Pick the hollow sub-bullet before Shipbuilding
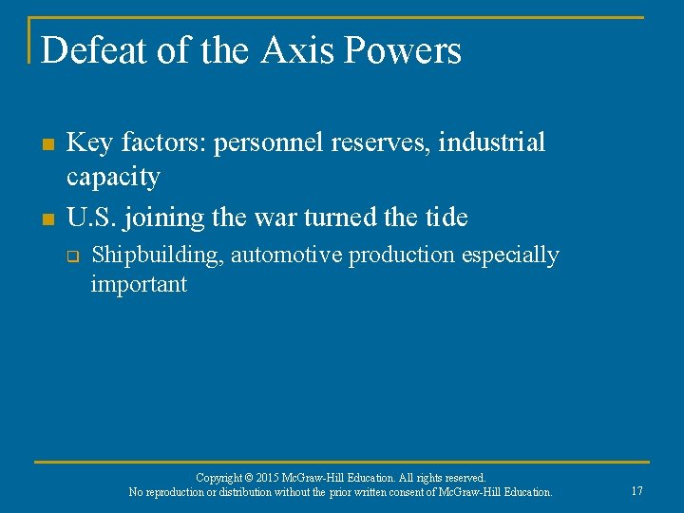coord(70,256)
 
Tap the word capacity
coord(112,178)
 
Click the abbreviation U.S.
coord(90,217)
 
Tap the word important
coord(139,284)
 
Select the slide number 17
coord(636,491)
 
